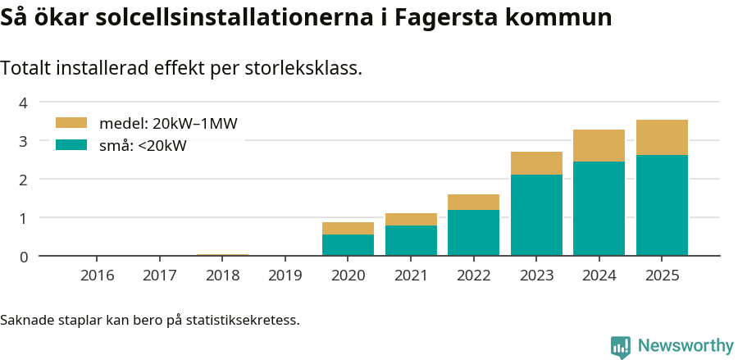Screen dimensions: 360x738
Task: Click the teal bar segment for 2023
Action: tap(536, 215)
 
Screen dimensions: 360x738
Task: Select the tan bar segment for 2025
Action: tap(662, 138)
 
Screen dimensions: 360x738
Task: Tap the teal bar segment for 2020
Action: tap(348, 245)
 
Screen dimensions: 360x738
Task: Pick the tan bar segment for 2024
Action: tap(599, 146)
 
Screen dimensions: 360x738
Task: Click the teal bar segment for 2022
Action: tap(473, 233)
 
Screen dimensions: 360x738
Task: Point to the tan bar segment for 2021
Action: tap(411, 219)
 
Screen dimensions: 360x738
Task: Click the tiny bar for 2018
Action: tap(222, 255)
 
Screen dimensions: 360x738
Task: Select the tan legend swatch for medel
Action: tap(71, 123)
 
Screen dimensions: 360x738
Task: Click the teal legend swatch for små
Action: tap(71, 145)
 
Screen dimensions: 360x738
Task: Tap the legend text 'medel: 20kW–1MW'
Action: tap(168, 124)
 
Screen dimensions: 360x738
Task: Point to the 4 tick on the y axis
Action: tap(24, 103)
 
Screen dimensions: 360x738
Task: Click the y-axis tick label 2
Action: tap(24, 180)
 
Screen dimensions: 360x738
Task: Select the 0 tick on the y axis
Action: tap(24, 257)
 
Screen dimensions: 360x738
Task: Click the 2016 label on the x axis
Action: tap(97, 275)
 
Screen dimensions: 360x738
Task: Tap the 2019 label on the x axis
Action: tap(285, 275)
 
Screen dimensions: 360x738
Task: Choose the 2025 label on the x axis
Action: tap(662, 275)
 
